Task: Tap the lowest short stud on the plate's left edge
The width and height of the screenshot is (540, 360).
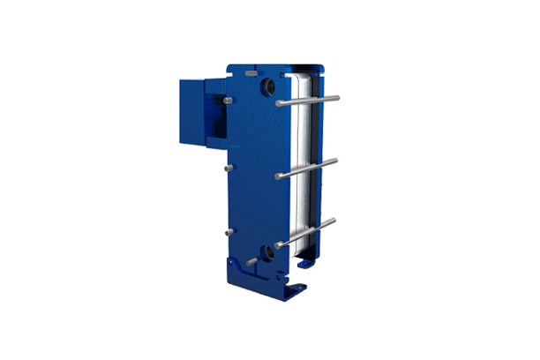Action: [229, 233]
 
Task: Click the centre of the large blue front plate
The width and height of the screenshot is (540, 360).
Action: [256, 172]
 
